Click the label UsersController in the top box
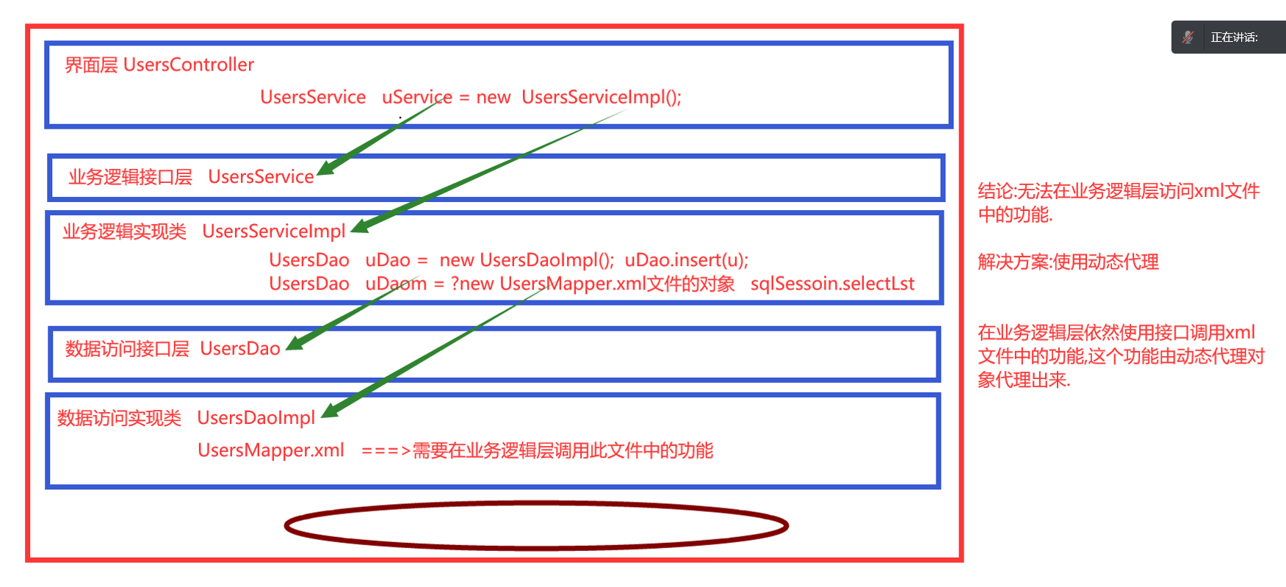[x=189, y=65]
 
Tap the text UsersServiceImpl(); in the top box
[x=602, y=97]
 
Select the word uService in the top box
[x=416, y=97]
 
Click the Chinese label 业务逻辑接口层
[x=130, y=177]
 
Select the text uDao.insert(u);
[x=686, y=260]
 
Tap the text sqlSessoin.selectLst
[x=832, y=284]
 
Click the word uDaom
[x=396, y=284]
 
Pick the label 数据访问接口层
[x=127, y=349]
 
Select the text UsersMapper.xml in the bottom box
[x=271, y=450]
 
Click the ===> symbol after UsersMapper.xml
[x=386, y=451]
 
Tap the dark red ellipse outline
[x=536, y=503]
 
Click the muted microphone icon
[x=1188, y=37]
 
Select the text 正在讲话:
[x=1234, y=37]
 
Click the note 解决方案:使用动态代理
[x=1068, y=262]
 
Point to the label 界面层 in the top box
[x=91, y=65]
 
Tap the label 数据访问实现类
[x=119, y=418]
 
